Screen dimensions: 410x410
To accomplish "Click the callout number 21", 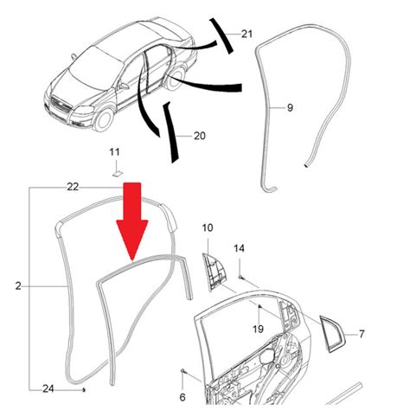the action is pyautogui.click(x=247, y=34).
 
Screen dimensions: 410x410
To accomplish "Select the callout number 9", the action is pyautogui.click(x=290, y=108).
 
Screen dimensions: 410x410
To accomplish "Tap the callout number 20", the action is pyautogui.click(x=200, y=136).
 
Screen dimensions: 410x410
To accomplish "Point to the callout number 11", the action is pyautogui.click(x=114, y=152).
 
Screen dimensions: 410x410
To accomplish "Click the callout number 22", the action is pyautogui.click(x=73, y=187).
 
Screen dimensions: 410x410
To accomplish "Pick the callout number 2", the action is pyautogui.click(x=18, y=286).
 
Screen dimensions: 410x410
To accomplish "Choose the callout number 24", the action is pyautogui.click(x=48, y=388).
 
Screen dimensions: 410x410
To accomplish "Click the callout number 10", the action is pyautogui.click(x=208, y=227).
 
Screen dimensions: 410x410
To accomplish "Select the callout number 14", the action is pyautogui.click(x=239, y=248).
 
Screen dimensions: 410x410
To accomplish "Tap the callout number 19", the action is pyautogui.click(x=258, y=329).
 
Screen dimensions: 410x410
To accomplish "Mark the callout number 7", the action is pyautogui.click(x=362, y=334).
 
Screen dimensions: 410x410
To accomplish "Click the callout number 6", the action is pyautogui.click(x=183, y=397).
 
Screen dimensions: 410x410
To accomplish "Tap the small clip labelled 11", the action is pyautogui.click(x=117, y=174).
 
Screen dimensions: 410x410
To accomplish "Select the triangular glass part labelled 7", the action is pyautogui.click(x=331, y=334).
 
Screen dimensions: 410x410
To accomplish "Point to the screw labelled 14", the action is pyautogui.click(x=240, y=277).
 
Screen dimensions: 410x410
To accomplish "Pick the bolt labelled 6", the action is pyautogui.click(x=183, y=371).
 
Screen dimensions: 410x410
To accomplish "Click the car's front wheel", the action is pyautogui.click(x=105, y=119).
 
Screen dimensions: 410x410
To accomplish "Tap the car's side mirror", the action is pyautogui.click(x=125, y=86).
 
